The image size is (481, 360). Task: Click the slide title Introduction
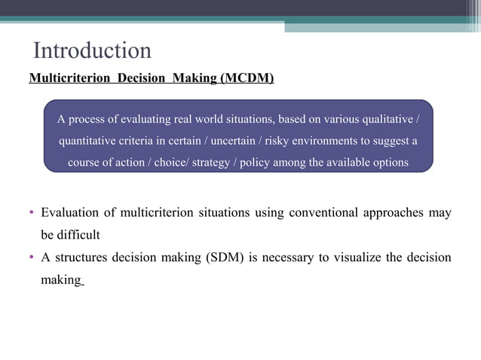93,50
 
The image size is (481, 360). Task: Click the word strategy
214,162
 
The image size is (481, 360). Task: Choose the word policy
257,162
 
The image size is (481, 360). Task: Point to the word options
389,162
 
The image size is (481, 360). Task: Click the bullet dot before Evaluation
32,213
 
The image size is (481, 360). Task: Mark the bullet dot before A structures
32,258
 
